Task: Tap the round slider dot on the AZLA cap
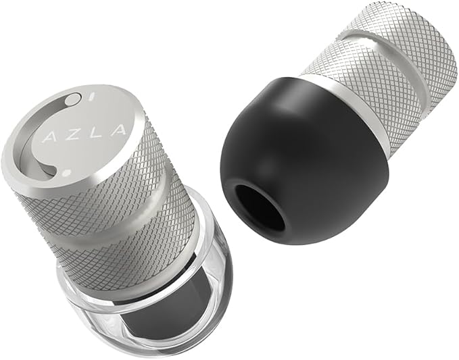tap(71, 101)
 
